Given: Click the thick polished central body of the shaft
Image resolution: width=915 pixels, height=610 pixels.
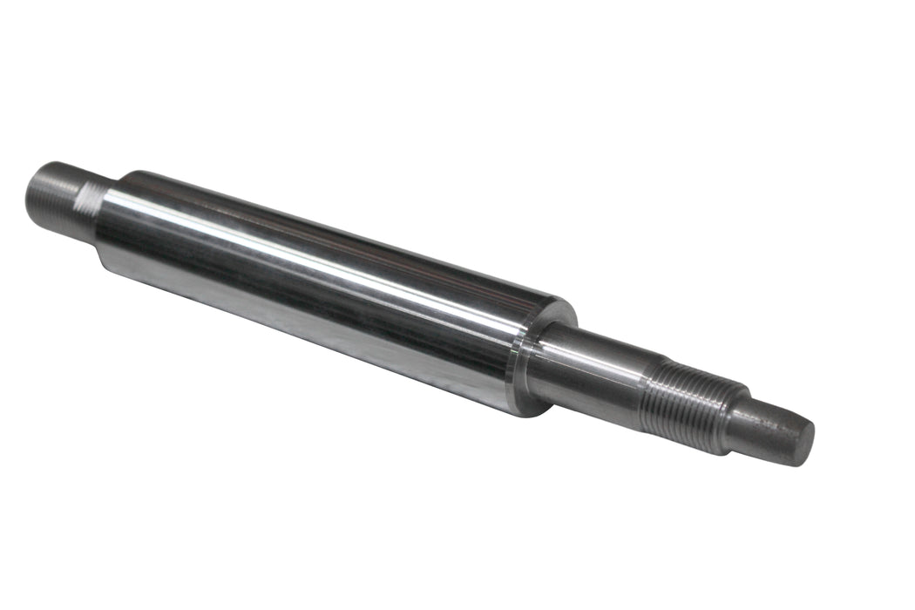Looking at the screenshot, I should point(331,288).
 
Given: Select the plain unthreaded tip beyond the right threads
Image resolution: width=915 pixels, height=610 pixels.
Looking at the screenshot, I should point(767,431).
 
